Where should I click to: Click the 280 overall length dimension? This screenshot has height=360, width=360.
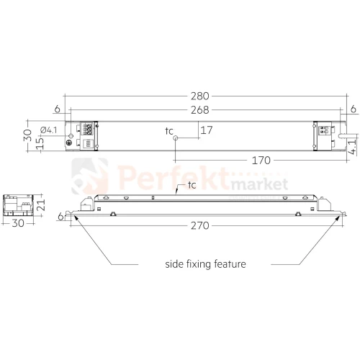200,96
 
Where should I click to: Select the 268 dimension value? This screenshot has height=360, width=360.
200,110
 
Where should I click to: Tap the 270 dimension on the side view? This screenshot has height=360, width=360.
200,226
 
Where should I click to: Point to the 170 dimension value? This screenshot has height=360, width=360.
261,161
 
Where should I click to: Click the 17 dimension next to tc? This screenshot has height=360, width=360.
207,130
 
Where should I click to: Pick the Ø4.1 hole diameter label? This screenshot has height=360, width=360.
49,130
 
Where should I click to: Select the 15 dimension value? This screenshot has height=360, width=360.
40,143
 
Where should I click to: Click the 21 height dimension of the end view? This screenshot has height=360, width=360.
41,204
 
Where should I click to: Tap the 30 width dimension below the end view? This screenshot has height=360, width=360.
18,223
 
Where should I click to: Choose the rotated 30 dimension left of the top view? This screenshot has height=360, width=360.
27,135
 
